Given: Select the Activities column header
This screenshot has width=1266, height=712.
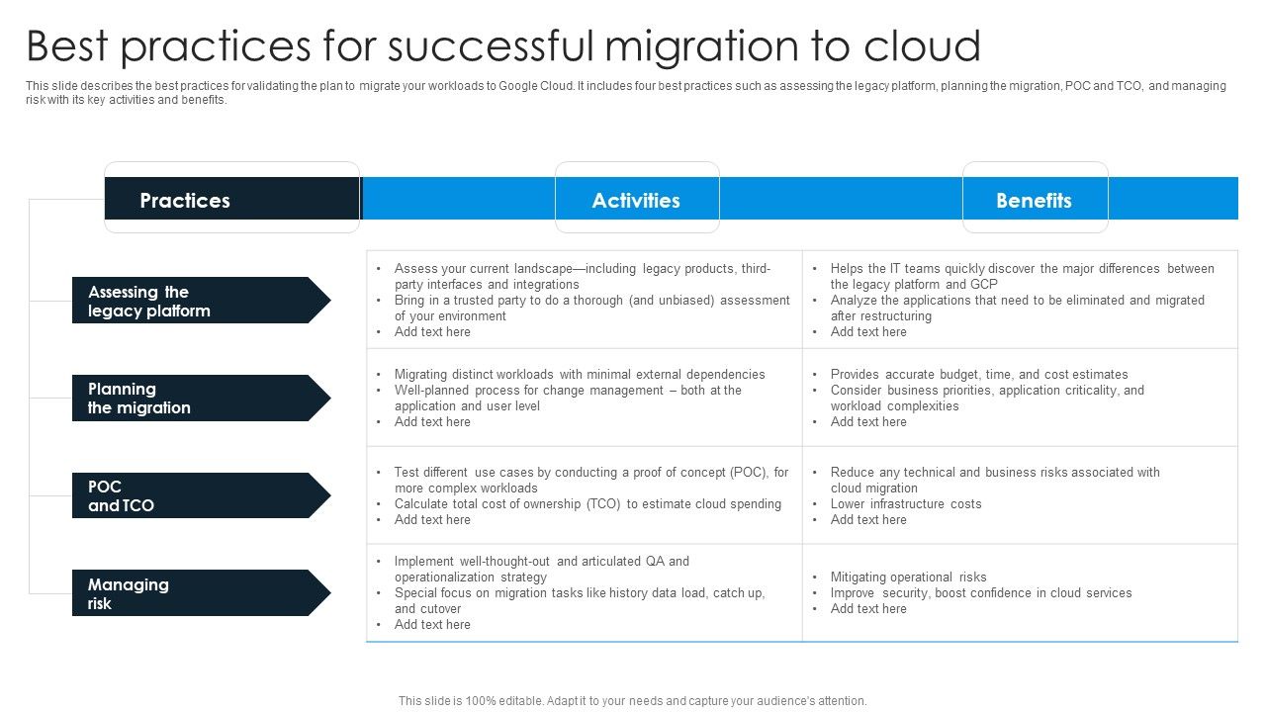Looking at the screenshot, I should tap(636, 200).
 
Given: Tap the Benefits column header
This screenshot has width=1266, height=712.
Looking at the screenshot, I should tap(1034, 200).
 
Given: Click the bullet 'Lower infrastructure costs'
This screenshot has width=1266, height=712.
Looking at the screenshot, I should tap(906, 503).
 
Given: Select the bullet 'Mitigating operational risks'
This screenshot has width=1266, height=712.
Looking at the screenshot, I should tap(908, 577).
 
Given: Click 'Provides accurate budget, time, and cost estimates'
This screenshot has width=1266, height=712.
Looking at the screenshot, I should tap(978, 374).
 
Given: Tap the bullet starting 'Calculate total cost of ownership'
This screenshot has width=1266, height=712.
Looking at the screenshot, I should tap(587, 503).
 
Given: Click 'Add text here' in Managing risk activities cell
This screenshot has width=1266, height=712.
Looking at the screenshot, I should tap(432, 624).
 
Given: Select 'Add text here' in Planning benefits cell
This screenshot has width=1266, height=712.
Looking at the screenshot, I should tap(868, 421).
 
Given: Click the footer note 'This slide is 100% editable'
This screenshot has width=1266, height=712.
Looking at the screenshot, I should tap(632, 700).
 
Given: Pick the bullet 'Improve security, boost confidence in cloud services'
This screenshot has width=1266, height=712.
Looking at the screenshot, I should tap(980, 592).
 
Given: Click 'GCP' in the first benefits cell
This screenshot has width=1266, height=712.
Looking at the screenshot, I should tap(984, 284).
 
